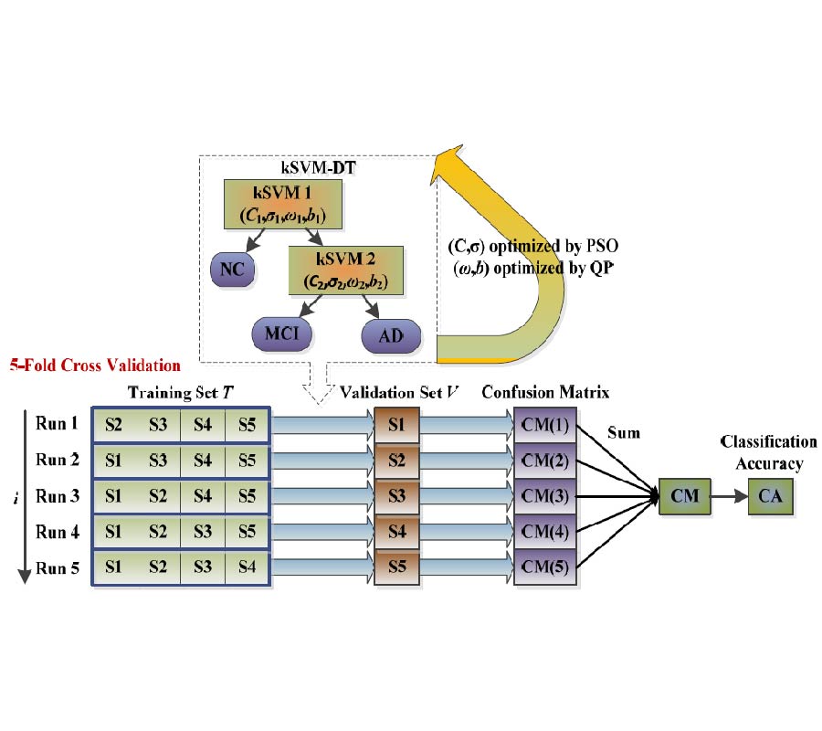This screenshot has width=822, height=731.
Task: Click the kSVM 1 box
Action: tap(281, 204)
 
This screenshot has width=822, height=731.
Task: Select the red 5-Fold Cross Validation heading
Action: tap(95, 365)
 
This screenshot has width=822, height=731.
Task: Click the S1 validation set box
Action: tap(395, 425)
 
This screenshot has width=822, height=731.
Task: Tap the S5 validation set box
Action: tap(395, 567)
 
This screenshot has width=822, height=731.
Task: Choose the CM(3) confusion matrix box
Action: tap(546, 496)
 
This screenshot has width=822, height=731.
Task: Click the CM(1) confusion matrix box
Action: tap(546, 425)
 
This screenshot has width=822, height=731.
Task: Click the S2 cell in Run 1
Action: tap(114, 425)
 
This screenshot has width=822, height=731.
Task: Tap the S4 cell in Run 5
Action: tap(246, 567)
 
